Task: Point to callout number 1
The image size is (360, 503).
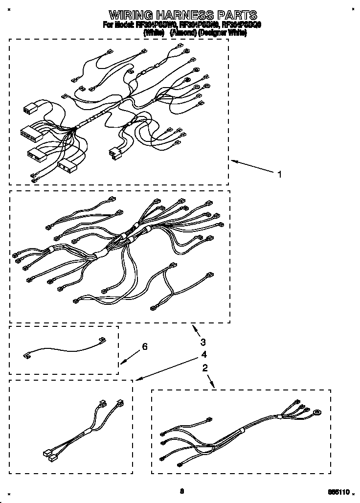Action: [x=280, y=174]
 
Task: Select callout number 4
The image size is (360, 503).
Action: [x=203, y=354]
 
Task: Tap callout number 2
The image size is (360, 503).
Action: [x=205, y=367]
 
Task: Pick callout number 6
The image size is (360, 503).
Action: [x=144, y=347]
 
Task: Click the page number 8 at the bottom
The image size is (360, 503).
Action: [x=181, y=491]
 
